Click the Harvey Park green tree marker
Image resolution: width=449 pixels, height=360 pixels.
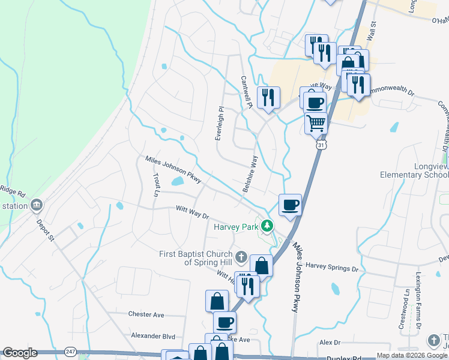click(x=268, y=227)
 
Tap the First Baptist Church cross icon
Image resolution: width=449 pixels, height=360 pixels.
click(x=241, y=258)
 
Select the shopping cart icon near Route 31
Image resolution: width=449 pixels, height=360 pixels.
click(x=316, y=123)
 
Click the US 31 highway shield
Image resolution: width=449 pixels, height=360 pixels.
click(x=322, y=146)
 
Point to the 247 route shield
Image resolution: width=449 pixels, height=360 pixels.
click(x=71, y=351)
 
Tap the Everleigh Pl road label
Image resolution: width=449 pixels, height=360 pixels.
click(x=220, y=124)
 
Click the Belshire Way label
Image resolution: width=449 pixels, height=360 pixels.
click(x=251, y=174)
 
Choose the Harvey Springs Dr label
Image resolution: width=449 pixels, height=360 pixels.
click(x=331, y=265)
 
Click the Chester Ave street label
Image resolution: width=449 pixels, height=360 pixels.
click(x=146, y=314)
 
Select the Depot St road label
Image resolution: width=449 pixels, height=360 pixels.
click(x=46, y=230)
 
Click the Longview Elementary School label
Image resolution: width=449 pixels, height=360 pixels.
click(x=414, y=170)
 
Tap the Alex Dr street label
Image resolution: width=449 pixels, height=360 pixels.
click(x=330, y=342)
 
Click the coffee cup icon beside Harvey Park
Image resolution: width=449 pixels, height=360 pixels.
click(x=291, y=206)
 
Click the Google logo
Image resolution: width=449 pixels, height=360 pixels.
click(x=20, y=353)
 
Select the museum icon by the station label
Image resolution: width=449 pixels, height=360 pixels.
click(x=37, y=206)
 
